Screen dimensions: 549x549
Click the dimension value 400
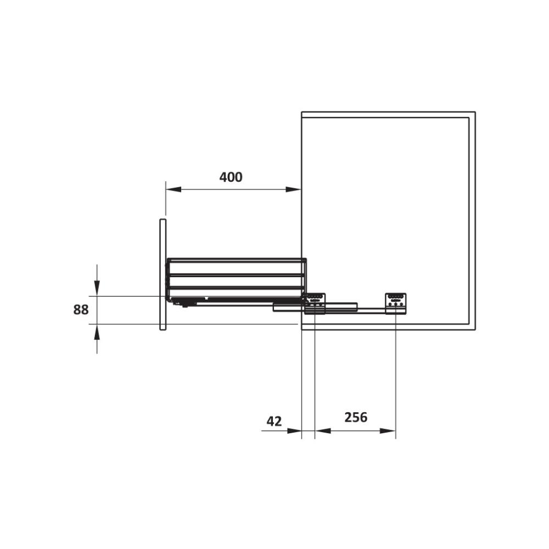(x=231, y=177)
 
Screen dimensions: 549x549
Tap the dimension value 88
(x=81, y=310)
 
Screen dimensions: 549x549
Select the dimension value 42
(x=274, y=421)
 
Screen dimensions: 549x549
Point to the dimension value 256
(x=356, y=417)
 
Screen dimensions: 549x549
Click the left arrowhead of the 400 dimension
(x=173, y=189)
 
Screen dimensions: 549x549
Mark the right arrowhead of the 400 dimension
(x=293, y=189)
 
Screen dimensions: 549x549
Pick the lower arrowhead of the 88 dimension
(x=97, y=332)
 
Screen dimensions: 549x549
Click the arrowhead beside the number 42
(x=294, y=430)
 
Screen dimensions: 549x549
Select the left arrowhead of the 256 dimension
(x=323, y=430)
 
